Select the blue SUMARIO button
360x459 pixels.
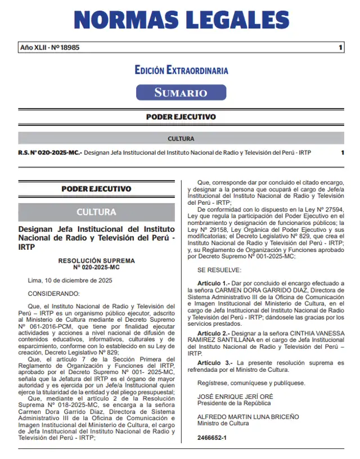(x=181, y=92)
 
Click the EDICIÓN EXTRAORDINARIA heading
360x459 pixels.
(x=181, y=70)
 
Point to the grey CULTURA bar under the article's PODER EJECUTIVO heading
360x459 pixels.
(x=96, y=212)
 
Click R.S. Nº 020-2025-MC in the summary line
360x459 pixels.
(x=50, y=153)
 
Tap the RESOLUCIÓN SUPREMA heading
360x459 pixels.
(x=96, y=261)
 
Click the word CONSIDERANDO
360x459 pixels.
(x=54, y=293)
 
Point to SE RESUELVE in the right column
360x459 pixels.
(x=219, y=270)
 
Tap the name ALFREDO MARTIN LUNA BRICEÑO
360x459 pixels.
(x=248, y=417)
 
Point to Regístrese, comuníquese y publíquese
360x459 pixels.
(x=251, y=383)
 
